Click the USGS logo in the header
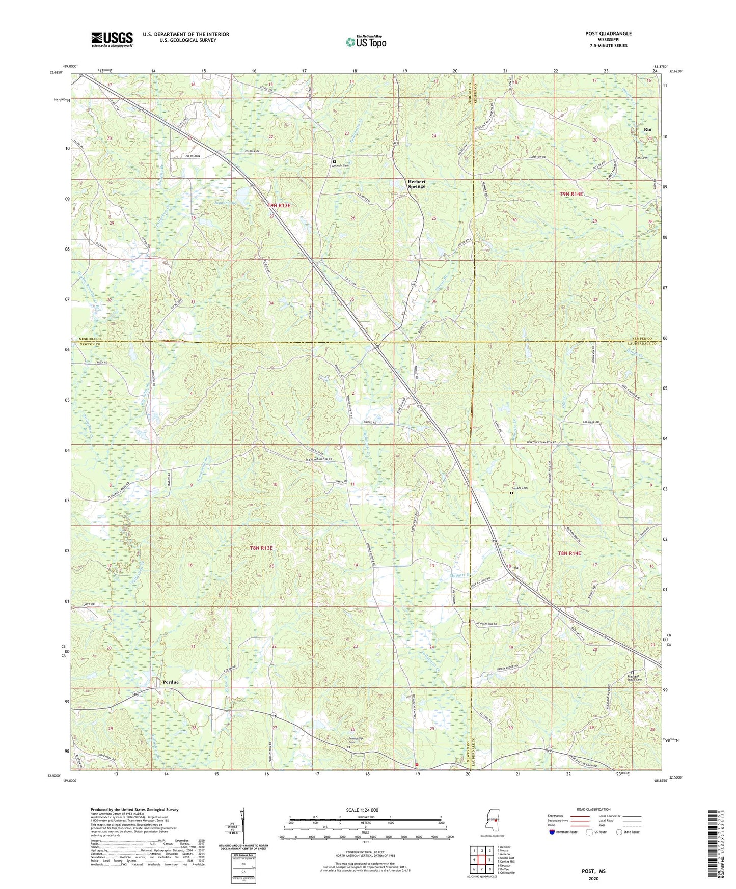pos(112,39)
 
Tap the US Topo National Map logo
pos(365,42)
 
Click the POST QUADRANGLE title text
pos(608,34)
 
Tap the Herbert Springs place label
pos(416,184)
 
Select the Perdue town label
pos(171,682)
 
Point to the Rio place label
pos(647,130)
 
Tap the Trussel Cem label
pos(520,488)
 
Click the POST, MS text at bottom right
pos(593,871)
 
